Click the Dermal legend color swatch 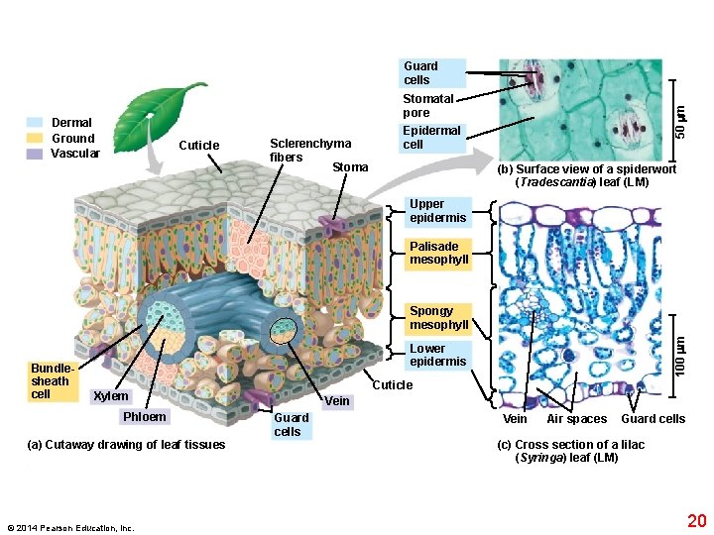[x=35, y=123]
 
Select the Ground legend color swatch [x=35, y=139]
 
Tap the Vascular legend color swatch [x=35, y=154]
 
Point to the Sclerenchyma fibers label [x=309, y=151]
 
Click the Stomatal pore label [x=428, y=105]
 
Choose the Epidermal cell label [x=431, y=137]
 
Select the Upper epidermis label [x=437, y=210]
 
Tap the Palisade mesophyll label [x=437, y=253]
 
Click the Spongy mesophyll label [x=438, y=318]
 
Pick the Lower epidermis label [x=437, y=355]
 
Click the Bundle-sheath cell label [x=51, y=380]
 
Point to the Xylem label [x=110, y=396]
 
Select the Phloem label [x=144, y=416]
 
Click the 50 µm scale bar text [x=680, y=129]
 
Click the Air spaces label [x=576, y=419]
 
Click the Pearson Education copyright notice [x=69, y=528]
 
